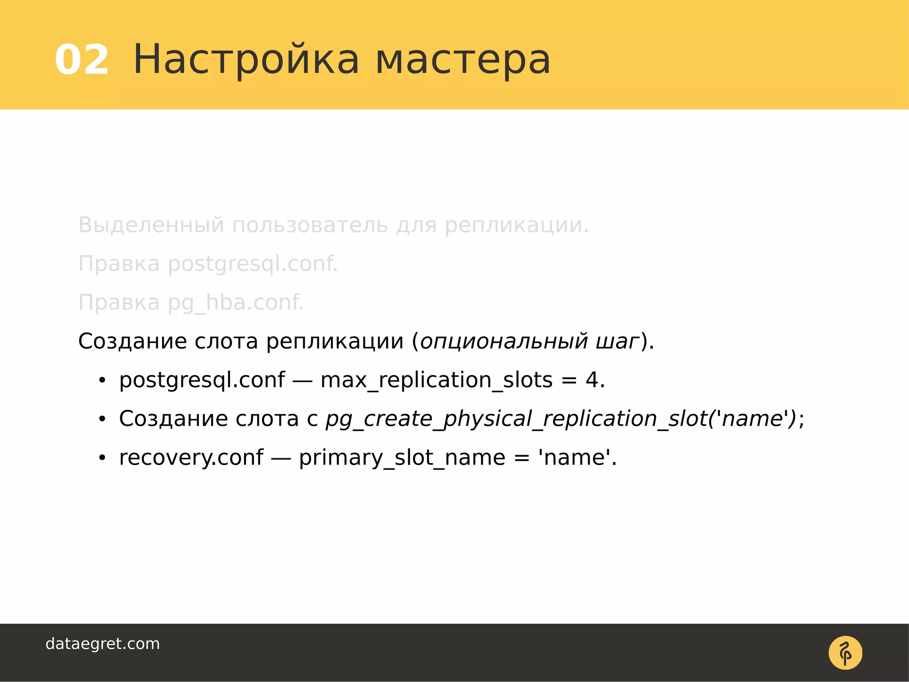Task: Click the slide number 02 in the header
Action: (82, 60)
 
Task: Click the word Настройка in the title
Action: (246, 60)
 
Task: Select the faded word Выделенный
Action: (151, 225)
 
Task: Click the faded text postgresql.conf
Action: (253, 264)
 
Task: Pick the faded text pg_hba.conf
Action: (236, 303)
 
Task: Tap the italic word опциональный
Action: (504, 341)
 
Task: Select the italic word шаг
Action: (617, 341)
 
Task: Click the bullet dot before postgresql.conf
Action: (103, 381)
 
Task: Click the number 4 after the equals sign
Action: (592, 380)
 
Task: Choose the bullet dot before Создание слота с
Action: (103, 419)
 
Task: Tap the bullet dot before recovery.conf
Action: (103, 458)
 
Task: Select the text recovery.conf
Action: (191, 458)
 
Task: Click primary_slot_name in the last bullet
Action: (402, 458)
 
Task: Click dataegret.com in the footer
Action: (103, 644)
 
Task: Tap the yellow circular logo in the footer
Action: (845, 653)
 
